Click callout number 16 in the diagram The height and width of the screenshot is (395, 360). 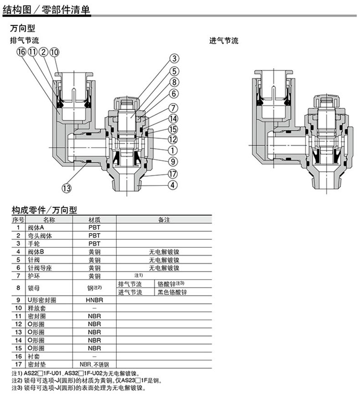tap(21, 52)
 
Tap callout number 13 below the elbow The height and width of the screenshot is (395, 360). tap(67, 188)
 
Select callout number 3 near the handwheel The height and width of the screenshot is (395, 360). tap(175, 58)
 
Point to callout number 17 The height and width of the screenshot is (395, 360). tap(173, 174)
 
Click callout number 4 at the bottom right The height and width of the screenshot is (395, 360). tap(173, 185)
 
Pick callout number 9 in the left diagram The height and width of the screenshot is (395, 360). tap(173, 161)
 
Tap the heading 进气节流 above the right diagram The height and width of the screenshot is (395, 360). tap(224, 41)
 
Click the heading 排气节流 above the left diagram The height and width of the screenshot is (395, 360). tap(25, 40)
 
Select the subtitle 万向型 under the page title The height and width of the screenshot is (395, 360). tap(22, 28)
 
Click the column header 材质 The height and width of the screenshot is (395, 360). tap(94, 220)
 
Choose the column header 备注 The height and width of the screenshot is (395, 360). tap(164, 220)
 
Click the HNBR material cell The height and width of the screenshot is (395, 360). tap(94, 300)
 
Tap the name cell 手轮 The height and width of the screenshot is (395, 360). tap(34, 244)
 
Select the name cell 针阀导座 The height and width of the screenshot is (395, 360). tap(40, 268)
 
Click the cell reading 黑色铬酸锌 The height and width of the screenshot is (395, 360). tap(172, 292)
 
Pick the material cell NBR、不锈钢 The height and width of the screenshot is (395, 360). tap(94, 364)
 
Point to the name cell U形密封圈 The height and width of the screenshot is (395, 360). tap(42, 300)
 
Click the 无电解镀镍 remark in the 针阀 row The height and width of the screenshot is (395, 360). tap(164, 260)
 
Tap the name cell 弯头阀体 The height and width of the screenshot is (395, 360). tap(40, 236)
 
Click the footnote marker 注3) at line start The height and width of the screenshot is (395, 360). tap(17, 388)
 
